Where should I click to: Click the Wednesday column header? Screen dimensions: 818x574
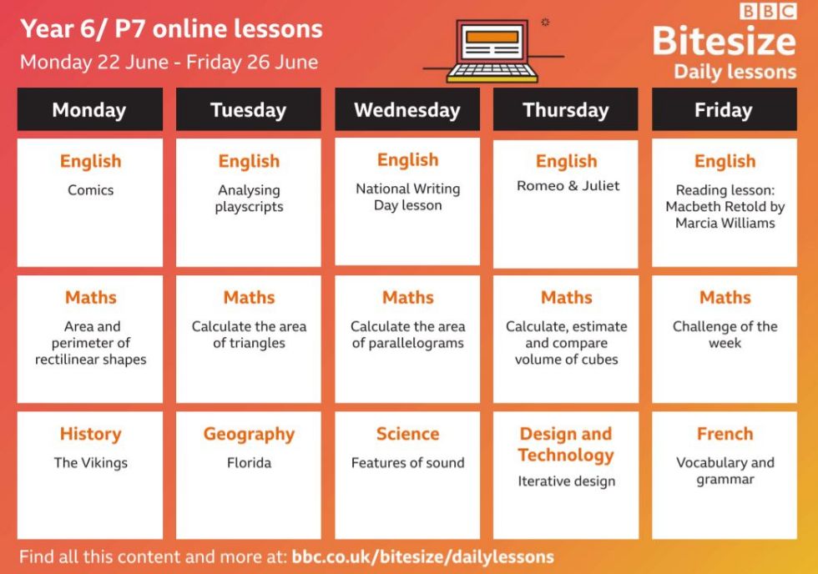coord(407,109)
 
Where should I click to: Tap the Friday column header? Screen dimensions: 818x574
coord(725,109)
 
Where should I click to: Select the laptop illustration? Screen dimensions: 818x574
coord(493,51)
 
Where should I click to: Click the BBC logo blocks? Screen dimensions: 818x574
coord(768,11)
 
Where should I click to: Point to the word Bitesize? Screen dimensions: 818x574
coord(725,41)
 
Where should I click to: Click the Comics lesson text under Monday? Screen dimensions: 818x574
coord(91,189)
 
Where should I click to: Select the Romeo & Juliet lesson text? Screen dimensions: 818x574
coord(568,185)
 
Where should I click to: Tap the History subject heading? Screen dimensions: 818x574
coord(91,434)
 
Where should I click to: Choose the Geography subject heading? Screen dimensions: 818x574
coord(249,434)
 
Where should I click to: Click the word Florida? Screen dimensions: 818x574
coord(249,462)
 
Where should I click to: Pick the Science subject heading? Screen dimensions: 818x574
coord(407,434)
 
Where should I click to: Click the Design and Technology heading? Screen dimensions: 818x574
coord(566,444)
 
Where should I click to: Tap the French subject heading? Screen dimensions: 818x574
coord(725,434)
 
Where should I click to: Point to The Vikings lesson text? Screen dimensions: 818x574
coord(91,462)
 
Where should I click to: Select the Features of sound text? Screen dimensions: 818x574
coord(407,462)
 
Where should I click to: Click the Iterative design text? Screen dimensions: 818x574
coord(567,481)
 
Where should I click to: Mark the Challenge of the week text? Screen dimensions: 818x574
coord(725,335)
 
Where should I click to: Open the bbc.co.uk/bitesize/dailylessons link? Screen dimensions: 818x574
coord(422,556)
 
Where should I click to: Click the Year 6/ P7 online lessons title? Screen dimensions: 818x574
coord(172,29)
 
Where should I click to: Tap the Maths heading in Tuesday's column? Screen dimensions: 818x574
coord(249,297)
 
